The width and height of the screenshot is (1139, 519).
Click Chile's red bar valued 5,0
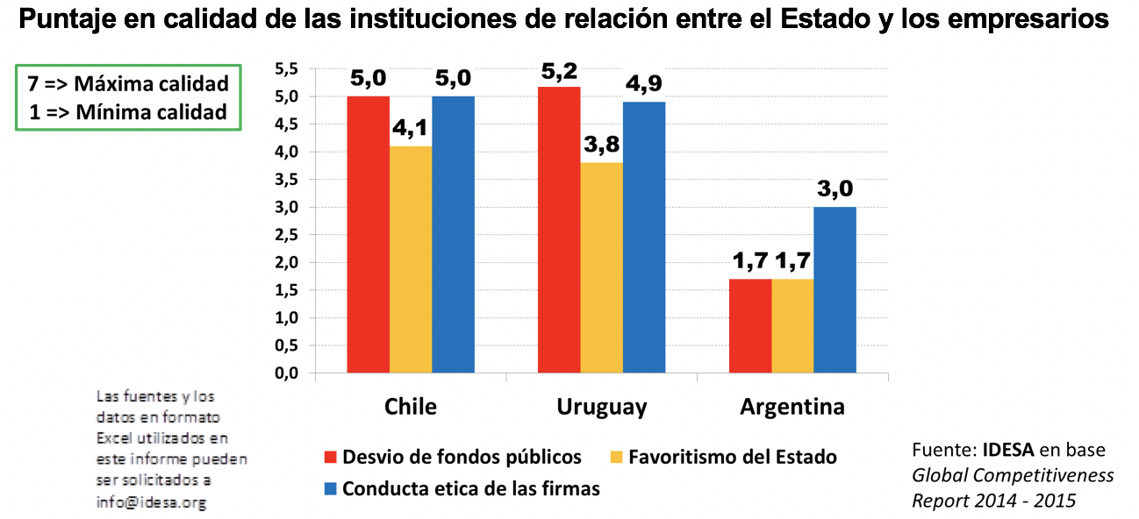[x=369, y=234]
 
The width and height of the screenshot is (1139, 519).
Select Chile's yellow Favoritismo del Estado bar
[x=411, y=259]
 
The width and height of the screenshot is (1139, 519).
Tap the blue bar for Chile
[x=453, y=234]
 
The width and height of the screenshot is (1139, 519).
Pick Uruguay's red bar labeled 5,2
[x=559, y=230]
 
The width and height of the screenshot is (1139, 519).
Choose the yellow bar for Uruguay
[x=601, y=267]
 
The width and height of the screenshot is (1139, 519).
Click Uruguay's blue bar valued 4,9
[x=644, y=238]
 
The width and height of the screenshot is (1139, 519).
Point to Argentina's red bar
[x=750, y=326]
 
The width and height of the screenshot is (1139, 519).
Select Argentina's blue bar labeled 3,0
[x=835, y=289]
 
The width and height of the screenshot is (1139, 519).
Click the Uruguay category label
[x=601, y=408]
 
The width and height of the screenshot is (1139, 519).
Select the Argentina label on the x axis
[x=792, y=408]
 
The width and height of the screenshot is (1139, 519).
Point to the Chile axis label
[x=410, y=408]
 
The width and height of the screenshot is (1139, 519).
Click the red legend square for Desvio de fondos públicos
[x=331, y=458]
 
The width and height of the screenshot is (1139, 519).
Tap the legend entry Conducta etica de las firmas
[x=470, y=489]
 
